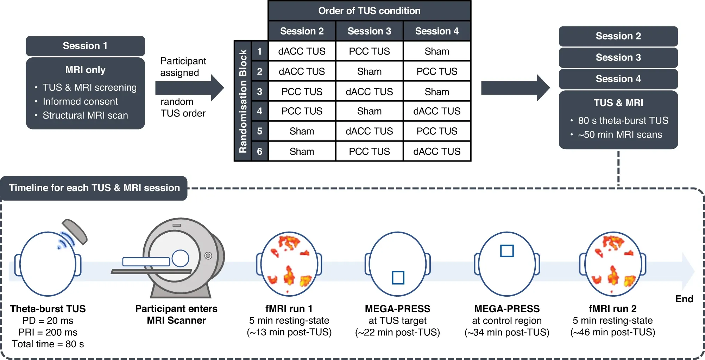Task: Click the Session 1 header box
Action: coord(85,46)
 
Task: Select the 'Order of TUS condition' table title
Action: coord(369,11)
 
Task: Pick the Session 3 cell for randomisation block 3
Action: coord(369,91)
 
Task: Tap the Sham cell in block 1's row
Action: coord(437,51)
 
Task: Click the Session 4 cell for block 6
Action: coord(437,151)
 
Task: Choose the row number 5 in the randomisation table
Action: coord(259,131)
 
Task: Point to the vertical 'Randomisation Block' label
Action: coord(243,101)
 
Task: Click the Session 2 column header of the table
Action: coord(302,31)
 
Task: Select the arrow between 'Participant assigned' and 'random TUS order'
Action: coord(189,88)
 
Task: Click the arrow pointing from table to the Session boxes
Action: coord(515,88)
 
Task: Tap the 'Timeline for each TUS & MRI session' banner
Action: coord(94,188)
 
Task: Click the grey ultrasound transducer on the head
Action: coord(75,231)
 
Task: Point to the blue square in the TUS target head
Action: coord(398,278)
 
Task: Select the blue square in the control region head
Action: coord(507,251)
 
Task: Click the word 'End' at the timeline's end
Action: coord(684,299)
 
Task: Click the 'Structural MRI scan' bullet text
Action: coord(85,115)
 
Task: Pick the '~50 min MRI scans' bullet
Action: coord(620,135)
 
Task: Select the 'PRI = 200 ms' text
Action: coord(48,332)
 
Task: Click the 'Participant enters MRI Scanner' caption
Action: coord(176,315)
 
